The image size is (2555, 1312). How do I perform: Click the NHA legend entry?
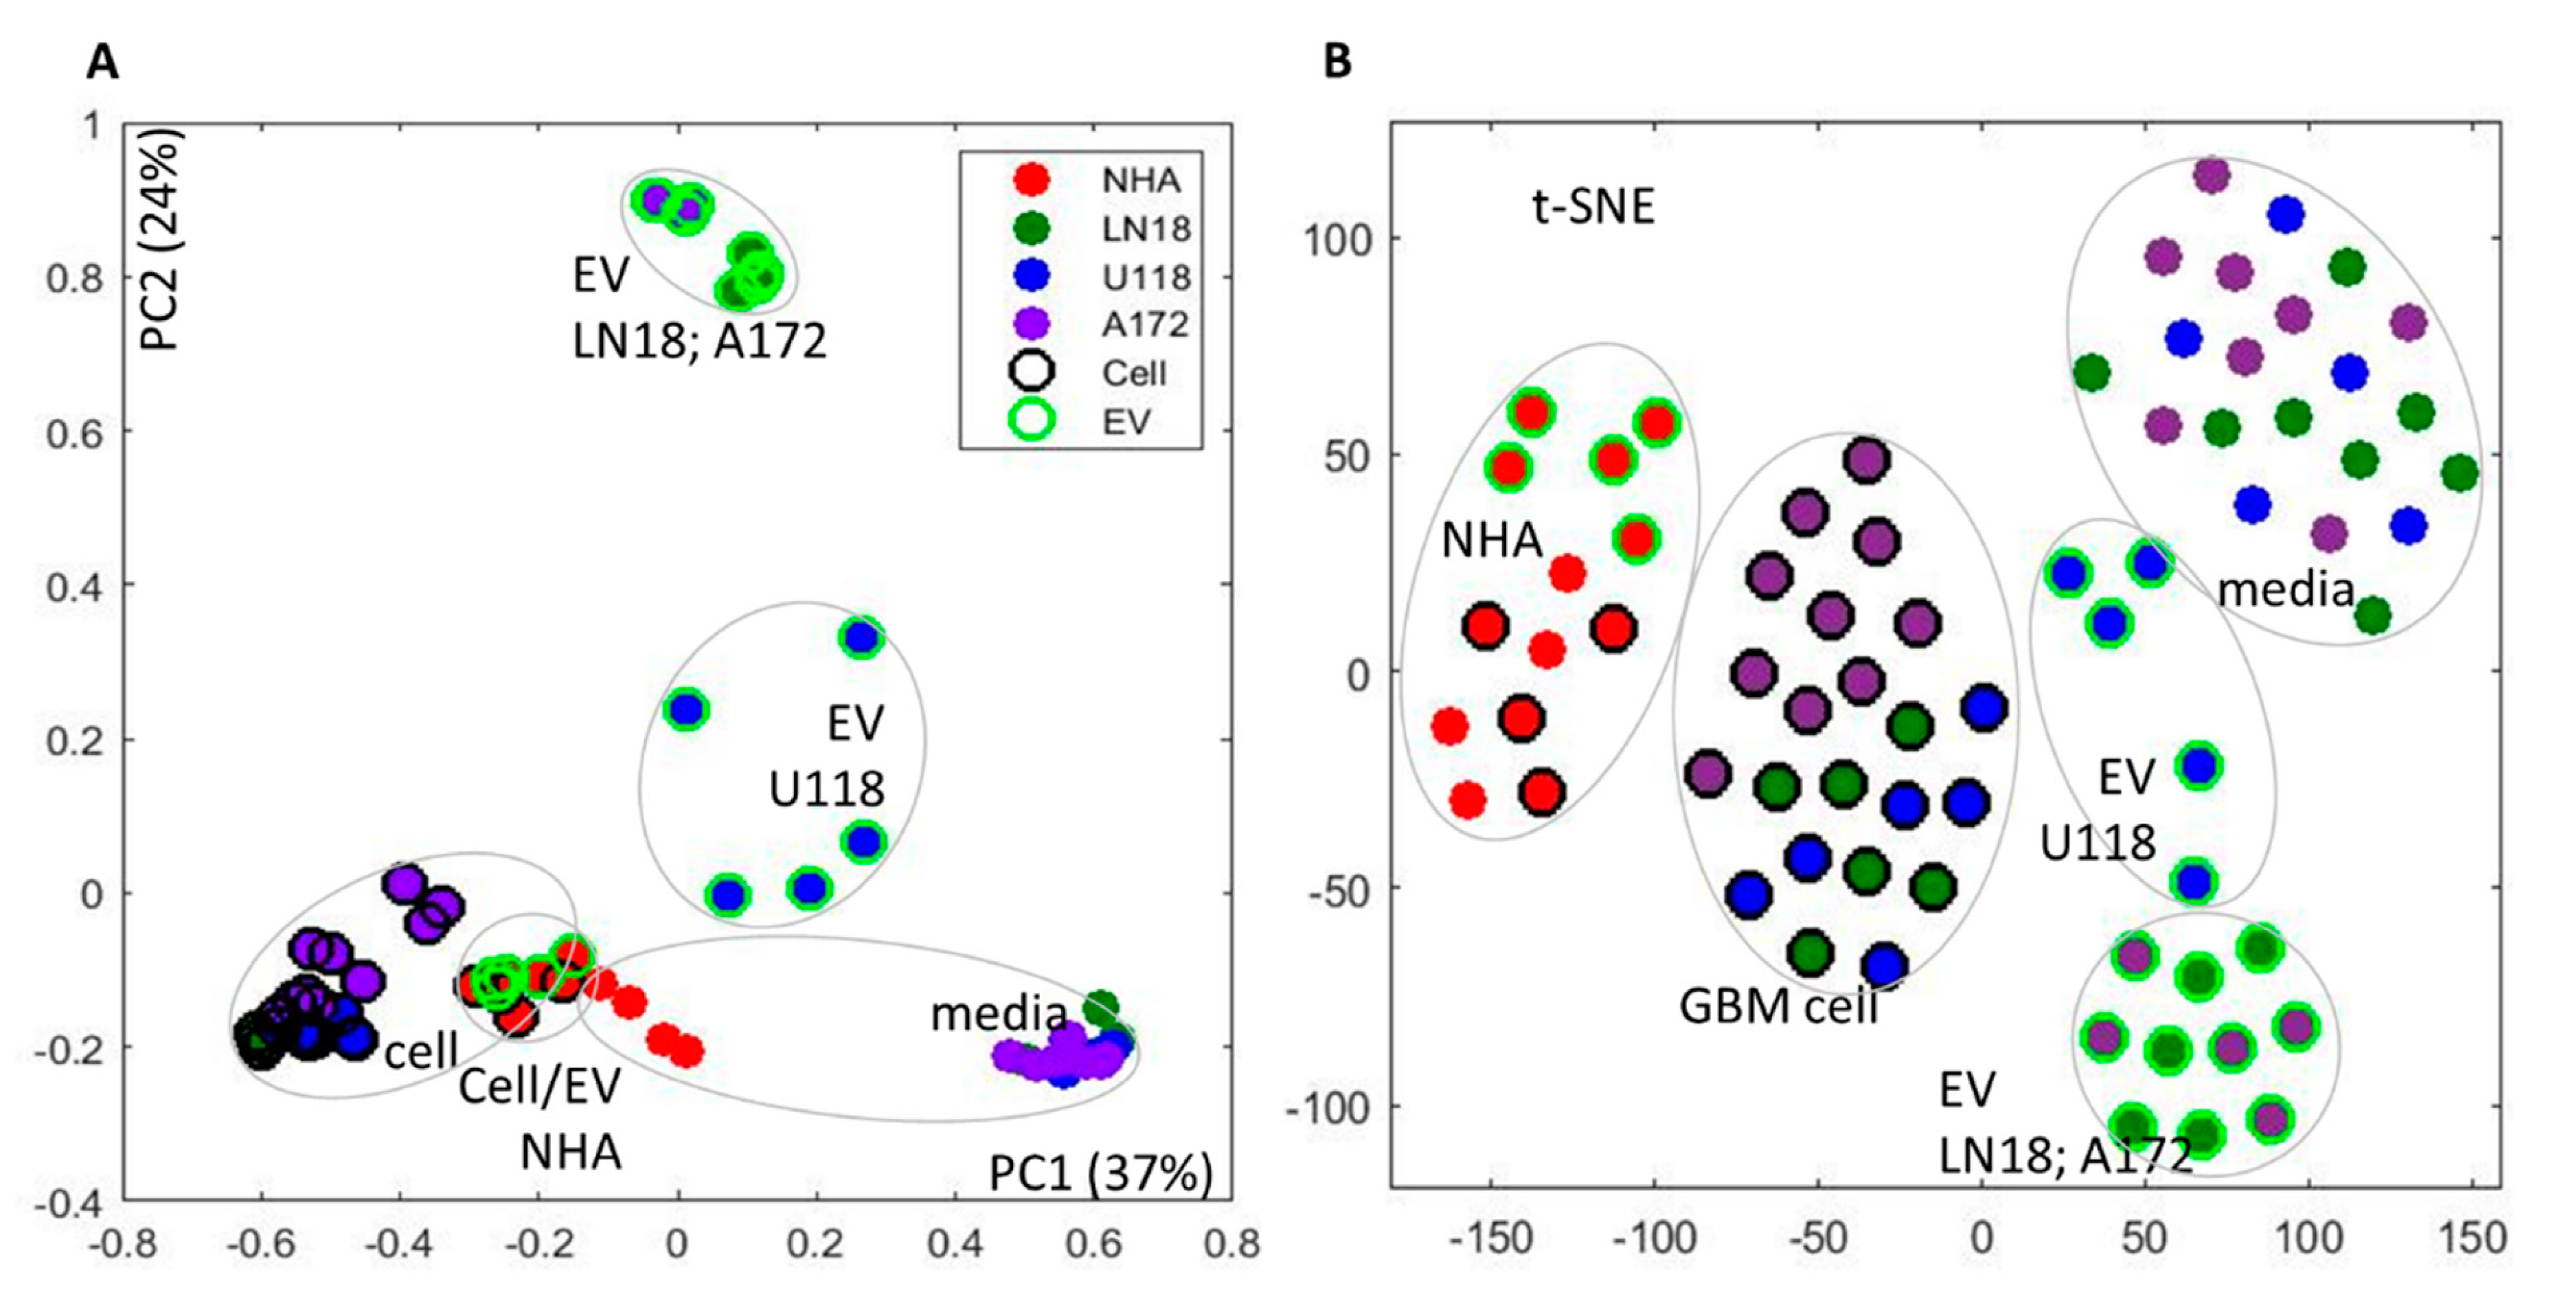(x=1141, y=181)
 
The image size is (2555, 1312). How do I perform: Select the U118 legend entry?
(x=1146, y=277)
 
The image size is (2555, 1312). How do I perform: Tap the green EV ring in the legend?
(x=1032, y=422)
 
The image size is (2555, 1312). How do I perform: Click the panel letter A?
(x=102, y=63)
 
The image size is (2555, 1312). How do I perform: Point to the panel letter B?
(x=1337, y=63)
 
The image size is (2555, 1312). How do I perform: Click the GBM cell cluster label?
(x=1778, y=1006)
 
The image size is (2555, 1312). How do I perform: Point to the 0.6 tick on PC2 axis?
(x=74, y=432)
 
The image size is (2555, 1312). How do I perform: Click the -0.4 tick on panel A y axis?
(x=67, y=1203)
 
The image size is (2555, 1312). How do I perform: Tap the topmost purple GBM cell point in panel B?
(x=1865, y=459)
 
